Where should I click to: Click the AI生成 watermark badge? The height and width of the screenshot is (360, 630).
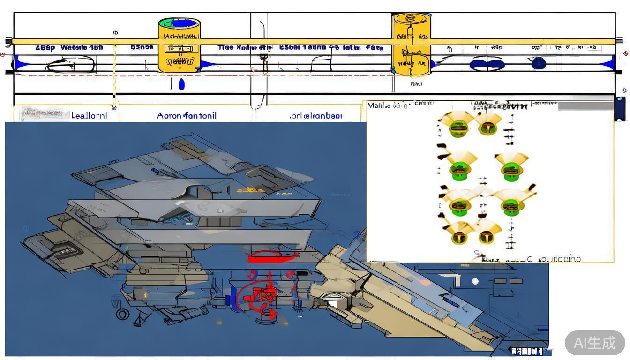[595, 343]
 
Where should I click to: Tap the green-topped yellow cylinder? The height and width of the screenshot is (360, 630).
[180, 45]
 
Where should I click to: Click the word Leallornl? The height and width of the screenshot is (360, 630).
[89, 115]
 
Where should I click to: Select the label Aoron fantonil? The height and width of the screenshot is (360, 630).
[187, 115]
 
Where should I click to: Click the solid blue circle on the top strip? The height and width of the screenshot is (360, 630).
[539, 63]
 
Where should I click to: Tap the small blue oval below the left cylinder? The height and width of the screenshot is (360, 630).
[182, 84]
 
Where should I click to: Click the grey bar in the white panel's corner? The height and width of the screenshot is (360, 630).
[585, 105]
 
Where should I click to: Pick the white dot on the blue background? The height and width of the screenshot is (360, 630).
[475, 281]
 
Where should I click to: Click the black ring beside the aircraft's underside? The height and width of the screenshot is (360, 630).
[122, 314]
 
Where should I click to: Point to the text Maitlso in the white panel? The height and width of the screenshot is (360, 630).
[379, 105]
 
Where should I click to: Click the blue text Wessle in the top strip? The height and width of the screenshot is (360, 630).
[75, 47]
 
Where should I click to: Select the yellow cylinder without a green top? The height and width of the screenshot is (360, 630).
[411, 45]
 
